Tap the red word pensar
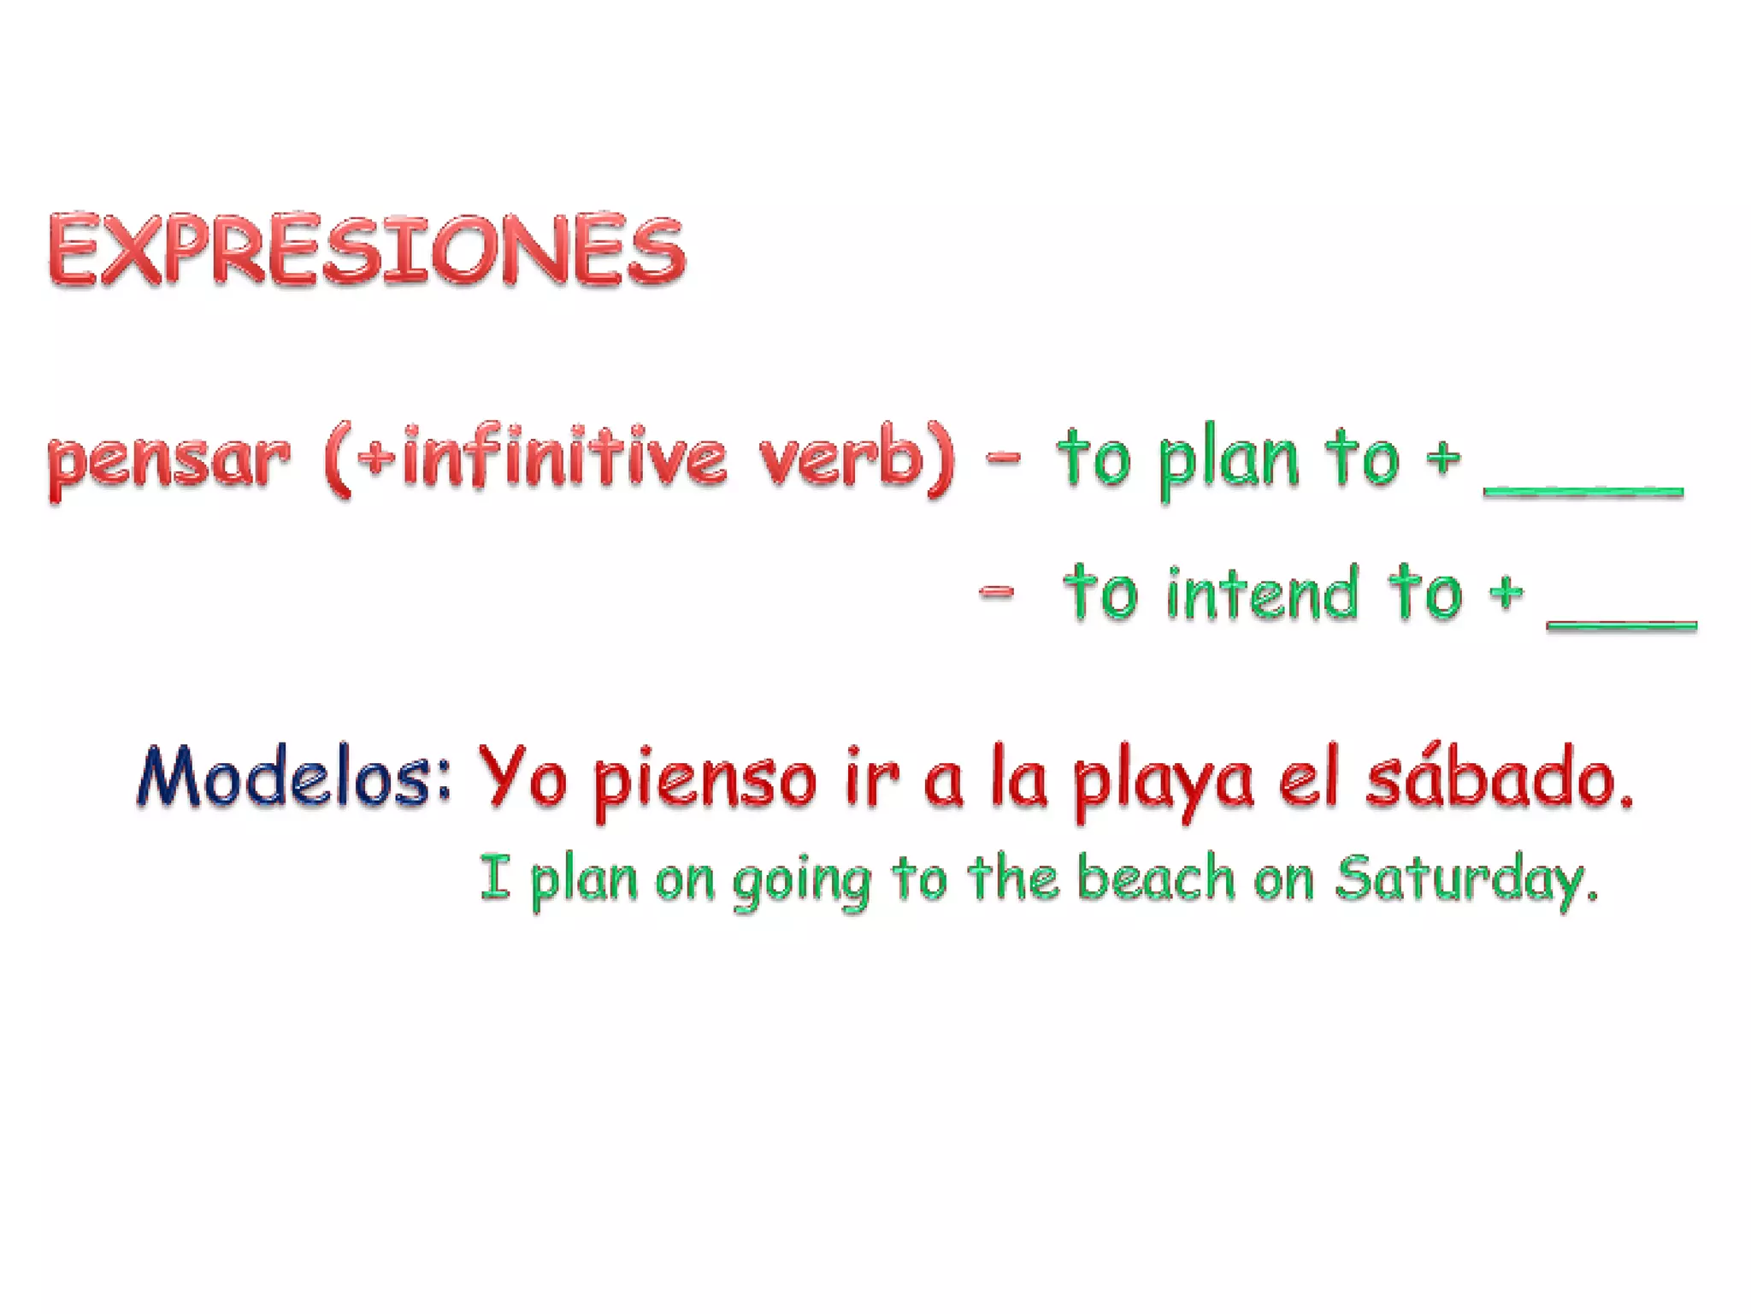[x=168, y=461]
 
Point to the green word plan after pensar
[x=1229, y=462]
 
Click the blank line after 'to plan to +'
[x=1583, y=491]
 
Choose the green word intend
[x=1262, y=593]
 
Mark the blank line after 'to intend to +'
[x=1621, y=625]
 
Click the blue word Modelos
[x=293, y=777]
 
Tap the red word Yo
[x=522, y=777]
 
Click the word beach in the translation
[x=1155, y=878]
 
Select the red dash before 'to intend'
[x=996, y=591]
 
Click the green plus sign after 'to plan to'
[x=1443, y=459]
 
